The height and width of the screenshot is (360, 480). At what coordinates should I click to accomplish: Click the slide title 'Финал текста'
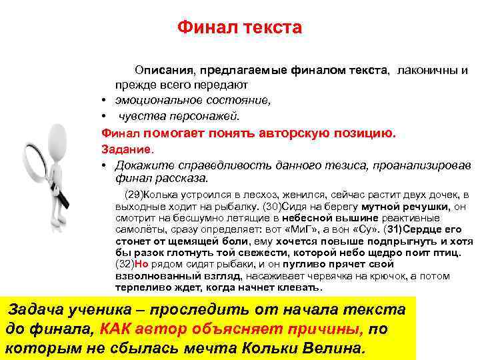click(239, 28)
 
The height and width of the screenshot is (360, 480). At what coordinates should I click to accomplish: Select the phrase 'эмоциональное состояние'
click(193, 101)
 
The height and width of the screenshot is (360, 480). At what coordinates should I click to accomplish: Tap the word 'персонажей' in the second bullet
click(207, 116)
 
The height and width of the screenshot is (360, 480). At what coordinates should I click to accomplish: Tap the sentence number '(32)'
click(125, 263)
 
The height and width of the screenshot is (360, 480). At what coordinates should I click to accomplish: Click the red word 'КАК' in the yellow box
click(119, 329)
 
